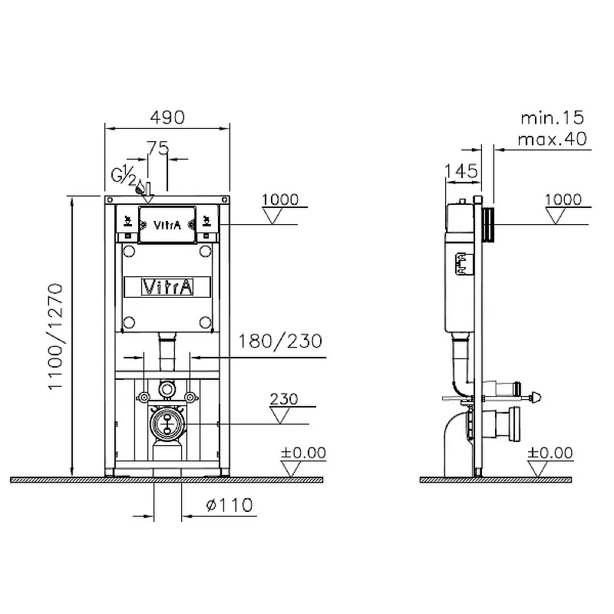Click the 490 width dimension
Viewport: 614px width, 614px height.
[x=167, y=117]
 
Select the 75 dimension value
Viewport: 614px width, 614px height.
[x=158, y=148]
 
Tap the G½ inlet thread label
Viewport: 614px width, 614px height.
[x=124, y=175]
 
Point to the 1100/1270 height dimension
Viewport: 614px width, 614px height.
[x=55, y=336]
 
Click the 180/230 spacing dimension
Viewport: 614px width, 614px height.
[x=280, y=341]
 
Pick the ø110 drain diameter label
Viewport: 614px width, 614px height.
[x=229, y=505]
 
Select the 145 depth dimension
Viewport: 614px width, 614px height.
[x=461, y=171]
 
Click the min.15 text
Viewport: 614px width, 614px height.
[x=552, y=118]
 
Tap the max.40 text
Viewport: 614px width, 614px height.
[x=552, y=139]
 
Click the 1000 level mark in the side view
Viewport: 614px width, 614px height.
[x=563, y=200]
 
